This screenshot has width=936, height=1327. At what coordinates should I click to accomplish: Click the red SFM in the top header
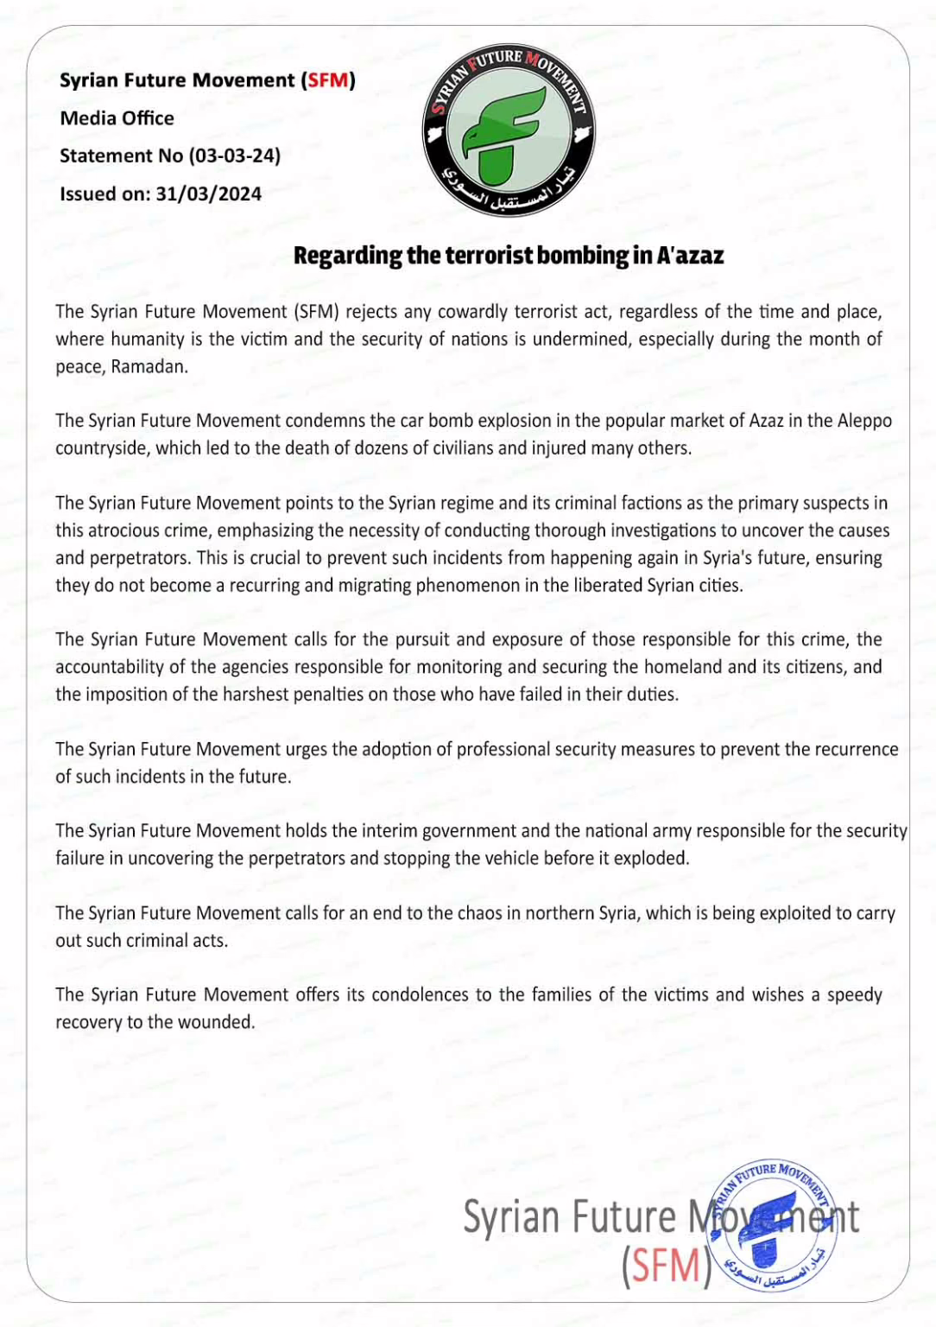[x=328, y=80]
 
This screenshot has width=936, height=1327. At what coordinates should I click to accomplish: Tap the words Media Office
[x=117, y=118]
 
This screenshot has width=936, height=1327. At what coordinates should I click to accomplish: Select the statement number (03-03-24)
[x=235, y=156]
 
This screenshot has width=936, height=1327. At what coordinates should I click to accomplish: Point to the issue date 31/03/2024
[x=208, y=194]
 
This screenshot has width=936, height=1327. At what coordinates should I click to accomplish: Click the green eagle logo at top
[x=508, y=130]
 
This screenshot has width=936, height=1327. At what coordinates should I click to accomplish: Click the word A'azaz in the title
[x=690, y=256]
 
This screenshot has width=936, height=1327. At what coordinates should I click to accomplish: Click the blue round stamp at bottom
[x=771, y=1225]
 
